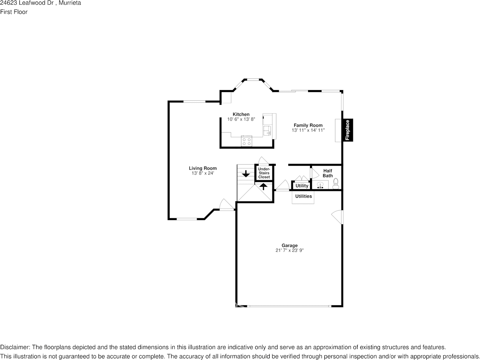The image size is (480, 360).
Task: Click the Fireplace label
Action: [347, 130]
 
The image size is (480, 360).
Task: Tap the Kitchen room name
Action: [241, 114]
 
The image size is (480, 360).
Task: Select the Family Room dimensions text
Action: [308, 130]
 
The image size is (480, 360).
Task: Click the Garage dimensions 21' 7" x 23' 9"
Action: [289, 251]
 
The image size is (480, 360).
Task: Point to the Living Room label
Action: [203, 168]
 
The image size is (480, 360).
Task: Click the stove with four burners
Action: [246, 141]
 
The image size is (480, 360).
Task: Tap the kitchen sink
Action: [267, 130]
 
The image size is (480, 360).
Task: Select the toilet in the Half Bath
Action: [335, 184]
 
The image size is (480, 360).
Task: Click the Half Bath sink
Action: [320, 185]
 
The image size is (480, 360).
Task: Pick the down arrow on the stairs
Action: [246, 174]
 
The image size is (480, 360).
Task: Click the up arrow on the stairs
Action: [264, 186]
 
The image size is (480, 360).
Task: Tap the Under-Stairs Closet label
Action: [264, 173]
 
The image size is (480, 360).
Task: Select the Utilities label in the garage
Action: [304, 196]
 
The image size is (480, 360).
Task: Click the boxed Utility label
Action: [302, 186]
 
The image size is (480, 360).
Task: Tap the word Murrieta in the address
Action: [70, 3]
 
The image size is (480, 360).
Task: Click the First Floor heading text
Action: [14, 12]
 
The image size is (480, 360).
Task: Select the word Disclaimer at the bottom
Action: [14, 347]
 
